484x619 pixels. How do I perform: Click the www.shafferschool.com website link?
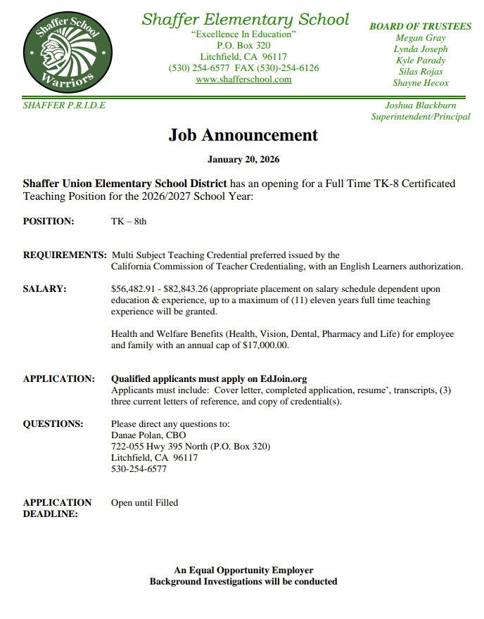tap(243, 79)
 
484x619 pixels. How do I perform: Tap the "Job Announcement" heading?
tap(243, 135)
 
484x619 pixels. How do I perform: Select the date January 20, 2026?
tap(243, 160)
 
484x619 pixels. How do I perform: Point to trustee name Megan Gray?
tap(421, 38)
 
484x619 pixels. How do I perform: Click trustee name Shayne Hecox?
tap(421, 83)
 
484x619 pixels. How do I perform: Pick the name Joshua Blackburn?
tap(421, 106)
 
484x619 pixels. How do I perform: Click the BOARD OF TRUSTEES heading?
tap(421, 26)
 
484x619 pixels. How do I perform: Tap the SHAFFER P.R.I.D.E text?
tap(64, 106)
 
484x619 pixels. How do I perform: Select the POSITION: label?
tap(49, 222)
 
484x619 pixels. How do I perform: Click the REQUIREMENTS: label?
tap(65, 255)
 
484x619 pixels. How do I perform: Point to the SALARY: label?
tap(45, 289)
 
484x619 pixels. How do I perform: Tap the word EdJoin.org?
tap(284, 379)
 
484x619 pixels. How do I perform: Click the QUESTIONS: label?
tap(53, 424)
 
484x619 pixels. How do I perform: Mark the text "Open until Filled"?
tap(145, 503)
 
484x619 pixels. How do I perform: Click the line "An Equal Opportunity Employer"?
tap(243, 570)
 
